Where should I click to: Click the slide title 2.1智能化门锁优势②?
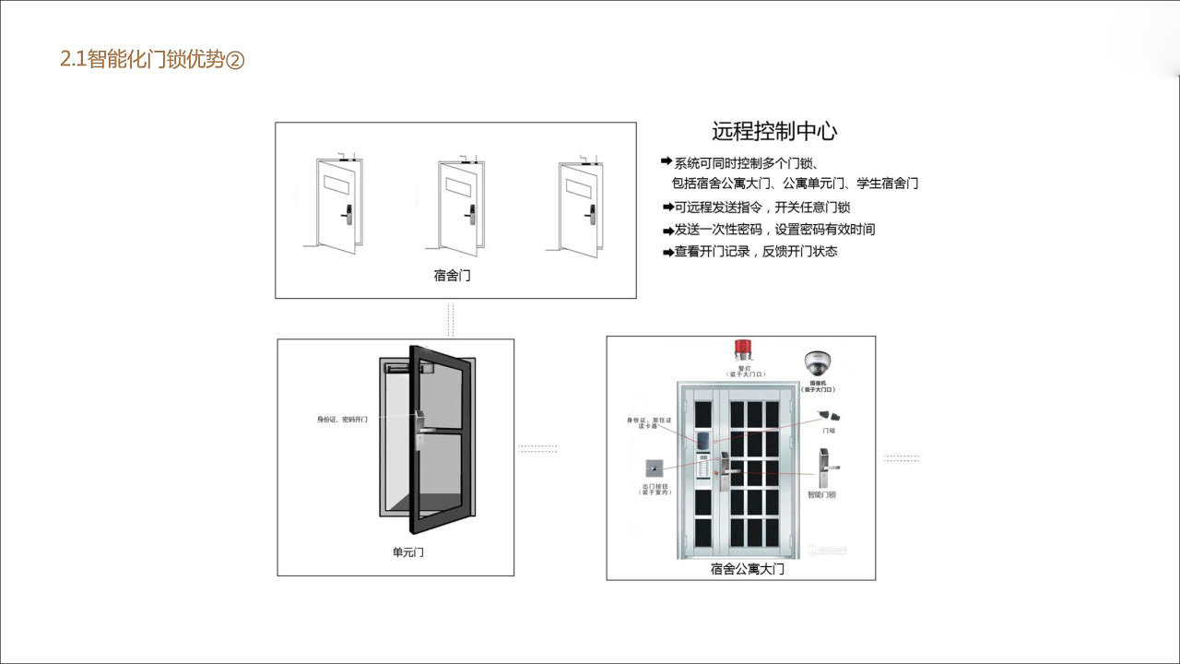[x=152, y=61]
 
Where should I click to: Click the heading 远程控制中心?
[x=774, y=131]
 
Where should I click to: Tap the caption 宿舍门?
[x=452, y=275]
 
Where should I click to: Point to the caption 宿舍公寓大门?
[x=747, y=569]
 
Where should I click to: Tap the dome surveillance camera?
[x=818, y=362]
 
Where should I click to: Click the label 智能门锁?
[x=821, y=494]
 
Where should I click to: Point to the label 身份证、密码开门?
[x=342, y=420]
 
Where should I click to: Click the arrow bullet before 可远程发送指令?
[x=667, y=207]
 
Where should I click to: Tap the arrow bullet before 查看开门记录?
[x=667, y=252]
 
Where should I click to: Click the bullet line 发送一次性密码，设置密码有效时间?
[x=774, y=230]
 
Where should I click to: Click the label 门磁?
[x=829, y=430]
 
